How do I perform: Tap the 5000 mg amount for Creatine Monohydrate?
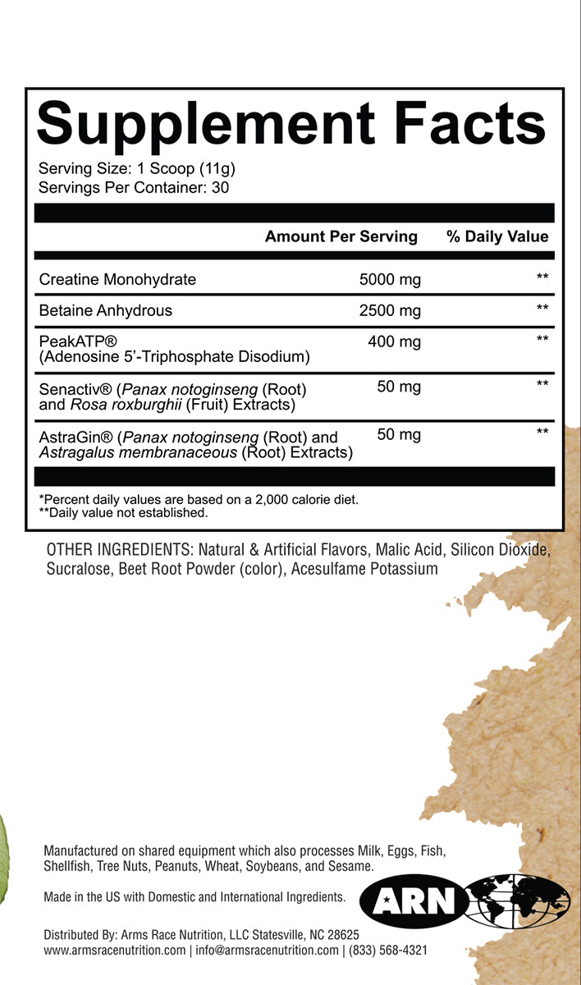tap(390, 279)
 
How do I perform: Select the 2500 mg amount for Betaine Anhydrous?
tap(390, 310)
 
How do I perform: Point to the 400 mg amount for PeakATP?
tap(394, 341)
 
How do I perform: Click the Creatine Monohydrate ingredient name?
tap(117, 279)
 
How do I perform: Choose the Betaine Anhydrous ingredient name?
tap(106, 310)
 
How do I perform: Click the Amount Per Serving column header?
tap(341, 236)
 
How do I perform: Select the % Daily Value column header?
tap(497, 236)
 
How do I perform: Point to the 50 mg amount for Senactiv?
tap(399, 387)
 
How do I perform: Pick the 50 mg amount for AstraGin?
tap(399, 434)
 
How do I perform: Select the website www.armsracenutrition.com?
tap(115, 951)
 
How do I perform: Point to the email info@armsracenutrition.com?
tap(267, 951)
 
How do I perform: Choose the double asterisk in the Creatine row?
tap(542, 278)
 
